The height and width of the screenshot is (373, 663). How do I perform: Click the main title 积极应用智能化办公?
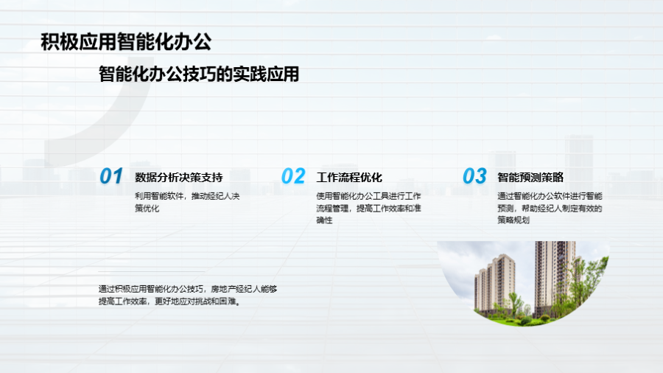pyautogui.click(x=126, y=42)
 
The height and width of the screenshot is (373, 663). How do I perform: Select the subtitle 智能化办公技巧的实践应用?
pyautogui.click(x=199, y=74)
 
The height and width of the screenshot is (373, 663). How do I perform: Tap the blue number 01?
pyautogui.click(x=110, y=176)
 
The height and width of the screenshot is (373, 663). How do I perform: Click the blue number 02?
pyautogui.click(x=293, y=176)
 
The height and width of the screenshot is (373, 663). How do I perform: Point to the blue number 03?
pyautogui.click(x=474, y=176)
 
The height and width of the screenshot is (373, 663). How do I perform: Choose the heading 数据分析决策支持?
pyautogui.click(x=179, y=177)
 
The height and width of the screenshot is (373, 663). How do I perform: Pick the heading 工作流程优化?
pyautogui.click(x=349, y=177)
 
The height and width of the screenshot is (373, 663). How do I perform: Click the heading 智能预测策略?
pyautogui.click(x=530, y=177)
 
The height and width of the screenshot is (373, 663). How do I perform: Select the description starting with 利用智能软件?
pyautogui.click(x=187, y=202)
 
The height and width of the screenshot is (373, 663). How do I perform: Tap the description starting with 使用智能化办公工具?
pyautogui.click(x=369, y=208)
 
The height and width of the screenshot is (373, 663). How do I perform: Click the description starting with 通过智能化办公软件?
pyautogui.click(x=550, y=208)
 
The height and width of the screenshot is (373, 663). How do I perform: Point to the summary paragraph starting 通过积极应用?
pyautogui.click(x=188, y=295)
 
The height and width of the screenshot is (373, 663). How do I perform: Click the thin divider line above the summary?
pyautogui.click(x=151, y=271)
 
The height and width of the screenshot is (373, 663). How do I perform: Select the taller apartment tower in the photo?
pyautogui.click(x=555, y=277)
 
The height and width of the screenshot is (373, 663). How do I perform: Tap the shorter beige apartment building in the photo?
pyautogui.click(x=495, y=284)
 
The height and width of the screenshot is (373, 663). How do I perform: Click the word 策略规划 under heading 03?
pyautogui.click(x=513, y=220)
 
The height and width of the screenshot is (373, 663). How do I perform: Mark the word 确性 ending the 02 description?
pyautogui.click(x=324, y=220)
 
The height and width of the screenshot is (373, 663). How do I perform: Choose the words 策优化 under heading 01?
pyautogui.click(x=147, y=208)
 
